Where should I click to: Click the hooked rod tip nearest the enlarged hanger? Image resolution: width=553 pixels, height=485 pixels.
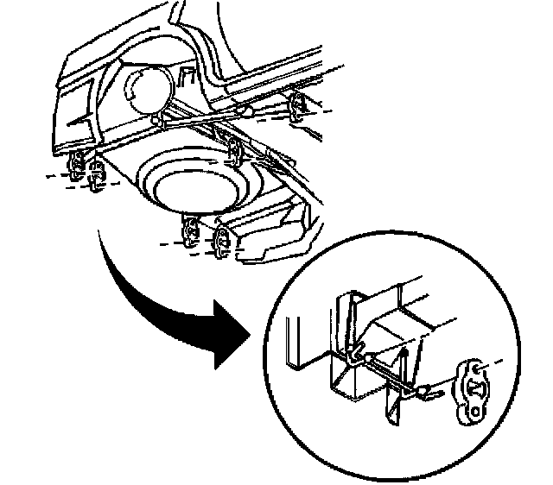coord(432,393)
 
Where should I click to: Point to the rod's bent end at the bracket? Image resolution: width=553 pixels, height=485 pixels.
coord(356,354)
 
